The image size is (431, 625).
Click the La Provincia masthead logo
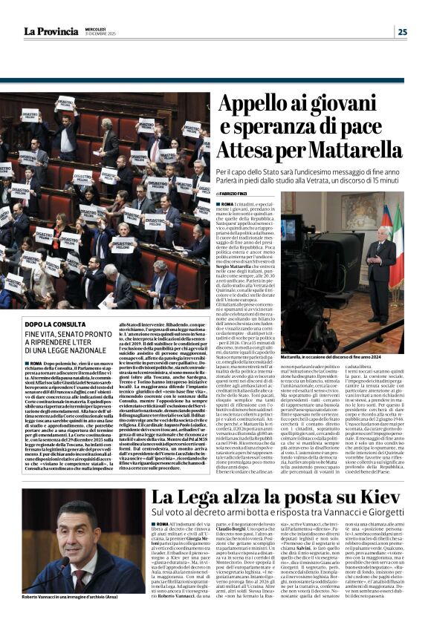[x=51, y=30]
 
